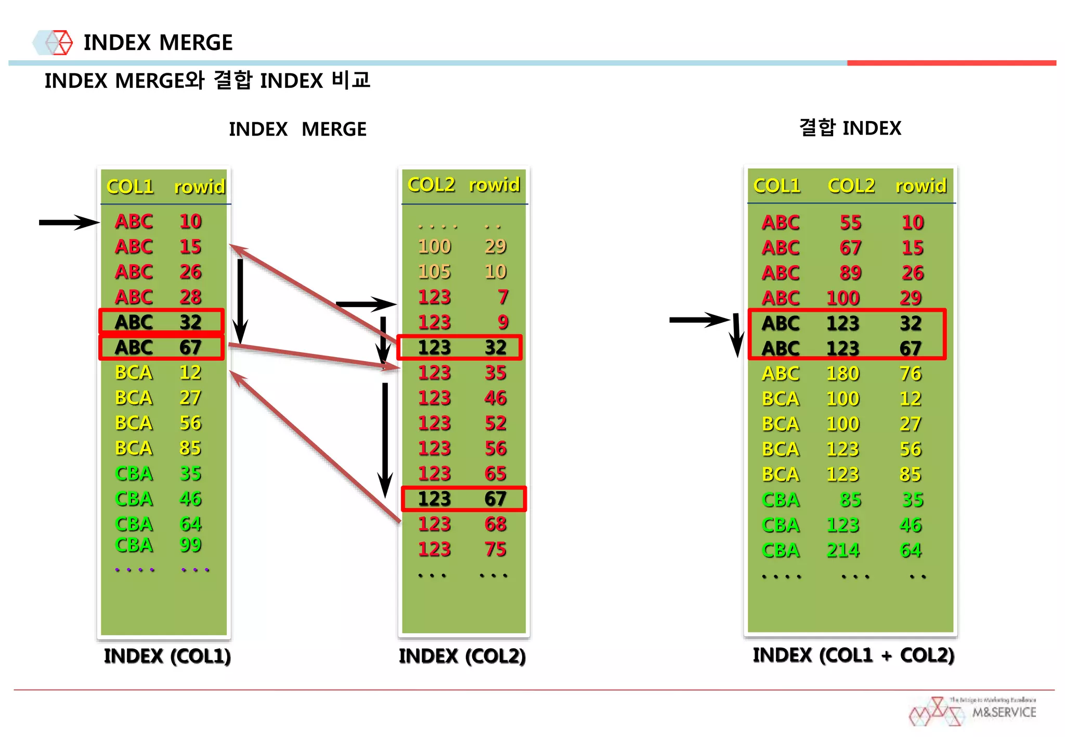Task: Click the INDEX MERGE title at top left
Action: [x=158, y=43]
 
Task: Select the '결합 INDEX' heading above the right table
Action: [x=850, y=128]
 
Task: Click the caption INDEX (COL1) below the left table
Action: [x=167, y=656]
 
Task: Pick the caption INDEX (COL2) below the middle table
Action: [x=462, y=656]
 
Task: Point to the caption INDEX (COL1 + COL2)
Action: [x=853, y=655]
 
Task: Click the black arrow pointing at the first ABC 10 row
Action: [x=68, y=222]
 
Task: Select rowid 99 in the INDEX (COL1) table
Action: [x=190, y=545]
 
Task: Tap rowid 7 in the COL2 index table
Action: [x=502, y=297]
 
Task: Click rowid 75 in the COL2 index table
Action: [x=495, y=549]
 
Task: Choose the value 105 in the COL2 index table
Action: [x=434, y=271]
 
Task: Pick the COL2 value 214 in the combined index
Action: [x=843, y=550]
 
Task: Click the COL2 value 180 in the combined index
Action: [x=843, y=373]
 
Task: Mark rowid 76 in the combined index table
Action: [x=911, y=373]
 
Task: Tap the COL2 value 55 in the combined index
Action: [x=850, y=222]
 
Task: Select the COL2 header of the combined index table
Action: [x=851, y=186]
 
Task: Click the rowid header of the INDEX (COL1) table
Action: [x=199, y=187]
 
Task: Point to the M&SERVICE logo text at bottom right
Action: [x=1004, y=712]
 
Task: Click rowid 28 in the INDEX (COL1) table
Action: [x=190, y=297]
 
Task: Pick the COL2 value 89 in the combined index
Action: [x=850, y=272]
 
